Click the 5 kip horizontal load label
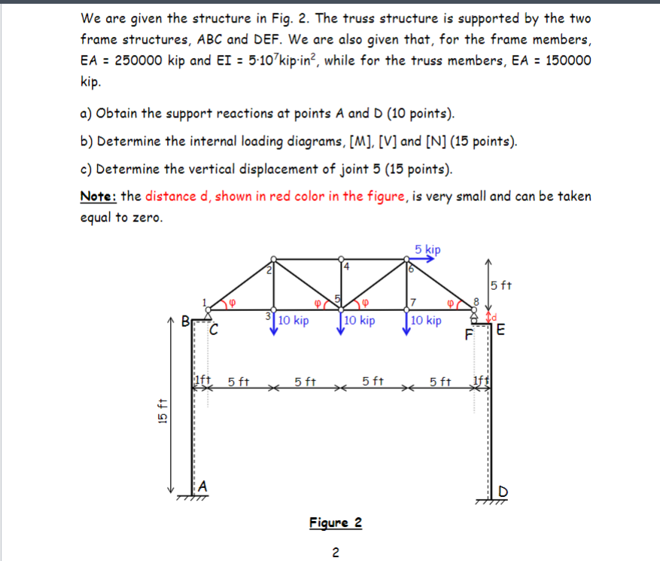click(x=427, y=249)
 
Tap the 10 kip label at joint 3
click(x=293, y=321)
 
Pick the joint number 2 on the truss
click(x=269, y=269)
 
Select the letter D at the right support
click(x=503, y=492)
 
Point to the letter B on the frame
click(x=184, y=325)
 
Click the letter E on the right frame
click(x=501, y=331)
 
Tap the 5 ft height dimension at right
click(x=500, y=285)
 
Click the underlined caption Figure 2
click(x=336, y=523)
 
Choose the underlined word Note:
click(x=99, y=197)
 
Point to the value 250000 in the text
click(x=144, y=60)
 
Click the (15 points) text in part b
click(x=479, y=141)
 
